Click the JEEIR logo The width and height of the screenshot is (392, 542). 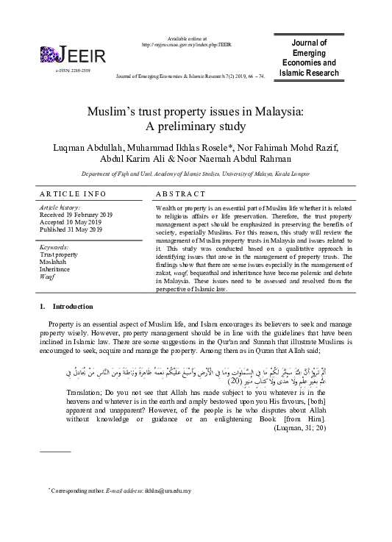[x=74, y=54]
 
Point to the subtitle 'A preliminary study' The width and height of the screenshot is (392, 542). [x=195, y=126]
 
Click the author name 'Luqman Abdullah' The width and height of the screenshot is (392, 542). [x=93, y=149]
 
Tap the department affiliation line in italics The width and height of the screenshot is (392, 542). [x=195, y=176]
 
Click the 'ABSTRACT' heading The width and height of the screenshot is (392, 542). [x=180, y=194]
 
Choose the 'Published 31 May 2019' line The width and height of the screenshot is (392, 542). [x=75, y=229]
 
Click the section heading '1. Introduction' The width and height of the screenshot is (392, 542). [x=66, y=306]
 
